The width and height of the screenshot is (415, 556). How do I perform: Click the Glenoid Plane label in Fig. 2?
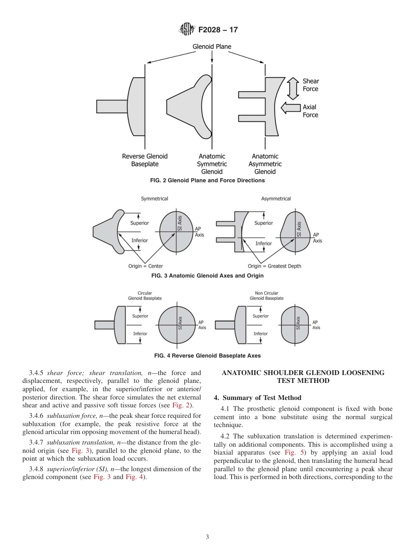pos(212,46)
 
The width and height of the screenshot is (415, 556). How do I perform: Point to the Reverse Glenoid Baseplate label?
pos(145,160)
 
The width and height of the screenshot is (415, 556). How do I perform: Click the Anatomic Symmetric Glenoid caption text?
pos(212,164)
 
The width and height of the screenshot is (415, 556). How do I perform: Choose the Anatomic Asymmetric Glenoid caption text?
pos(265,164)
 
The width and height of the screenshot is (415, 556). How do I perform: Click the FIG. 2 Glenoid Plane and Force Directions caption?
pos(207,180)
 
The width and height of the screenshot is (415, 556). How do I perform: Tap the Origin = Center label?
pos(145,266)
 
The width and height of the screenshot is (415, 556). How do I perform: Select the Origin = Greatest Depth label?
pos(274,266)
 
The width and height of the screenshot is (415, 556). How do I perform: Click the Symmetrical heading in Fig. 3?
pos(154,199)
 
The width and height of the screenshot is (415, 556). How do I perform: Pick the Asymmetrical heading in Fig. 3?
pos(276,199)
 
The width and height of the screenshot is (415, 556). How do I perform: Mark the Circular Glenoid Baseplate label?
pos(145,296)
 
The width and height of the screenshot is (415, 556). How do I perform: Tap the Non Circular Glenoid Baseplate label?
pos(266,296)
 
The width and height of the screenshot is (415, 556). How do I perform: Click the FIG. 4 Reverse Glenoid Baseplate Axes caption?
pos(207,356)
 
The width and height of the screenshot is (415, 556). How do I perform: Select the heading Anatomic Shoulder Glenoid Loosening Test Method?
pos(303,377)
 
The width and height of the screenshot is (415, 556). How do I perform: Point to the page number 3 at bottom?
pos(207,537)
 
